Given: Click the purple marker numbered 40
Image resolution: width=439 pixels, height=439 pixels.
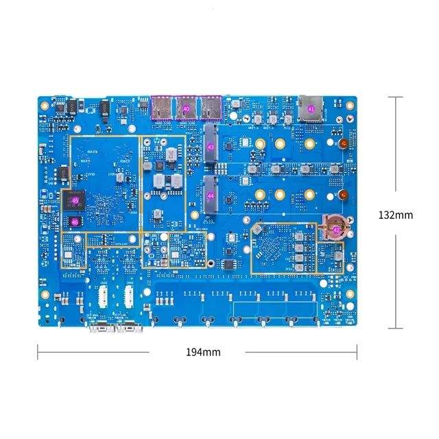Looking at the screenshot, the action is click(x=187, y=108).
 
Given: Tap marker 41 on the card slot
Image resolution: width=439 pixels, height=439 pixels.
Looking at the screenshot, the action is click(x=310, y=108).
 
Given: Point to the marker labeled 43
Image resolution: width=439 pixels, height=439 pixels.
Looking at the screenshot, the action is click(x=211, y=147).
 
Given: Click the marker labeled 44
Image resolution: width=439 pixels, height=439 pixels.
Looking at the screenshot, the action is click(x=211, y=195).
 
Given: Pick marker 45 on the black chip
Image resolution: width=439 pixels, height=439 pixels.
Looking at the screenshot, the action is click(x=74, y=202).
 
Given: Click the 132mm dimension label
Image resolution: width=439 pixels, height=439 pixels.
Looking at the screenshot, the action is click(x=396, y=215).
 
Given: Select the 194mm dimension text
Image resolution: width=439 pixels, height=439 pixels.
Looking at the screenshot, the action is click(x=203, y=352).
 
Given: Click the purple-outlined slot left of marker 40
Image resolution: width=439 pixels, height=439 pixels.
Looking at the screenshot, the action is click(x=163, y=107).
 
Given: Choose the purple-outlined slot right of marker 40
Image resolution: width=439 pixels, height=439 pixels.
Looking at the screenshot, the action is click(x=210, y=107).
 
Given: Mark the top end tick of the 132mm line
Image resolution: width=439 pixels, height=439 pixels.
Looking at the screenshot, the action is click(x=396, y=97).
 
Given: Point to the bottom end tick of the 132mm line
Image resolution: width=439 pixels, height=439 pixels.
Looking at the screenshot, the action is click(x=396, y=329).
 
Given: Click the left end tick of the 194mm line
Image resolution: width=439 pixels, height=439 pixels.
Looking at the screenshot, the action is click(x=38, y=352).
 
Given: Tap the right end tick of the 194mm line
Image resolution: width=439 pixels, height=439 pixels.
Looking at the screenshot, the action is click(x=357, y=352).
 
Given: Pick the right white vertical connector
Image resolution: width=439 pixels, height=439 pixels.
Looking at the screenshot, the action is click(x=128, y=297).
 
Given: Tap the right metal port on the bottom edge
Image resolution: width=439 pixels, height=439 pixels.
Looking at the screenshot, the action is click(x=128, y=329).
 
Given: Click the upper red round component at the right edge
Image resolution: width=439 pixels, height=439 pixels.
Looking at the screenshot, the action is click(x=341, y=144).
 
